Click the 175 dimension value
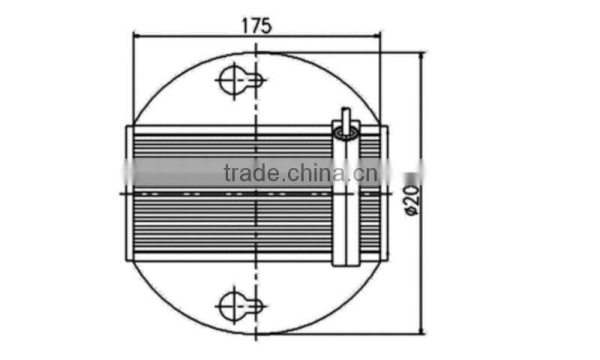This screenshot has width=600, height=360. pyautogui.click(x=256, y=24)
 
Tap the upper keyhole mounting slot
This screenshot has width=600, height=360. pyautogui.click(x=239, y=79)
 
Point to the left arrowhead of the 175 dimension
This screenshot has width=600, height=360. pyautogui.click(x=137, y=34)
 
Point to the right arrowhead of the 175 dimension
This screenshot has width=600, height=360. pyautogui.click(x=376, y=34)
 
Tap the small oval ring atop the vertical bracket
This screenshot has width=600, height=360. pyautogui.click(x=346, y=133)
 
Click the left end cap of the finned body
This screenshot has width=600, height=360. pyautogui.click(x=130, y=193)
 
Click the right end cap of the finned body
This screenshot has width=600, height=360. pyautogui.click(x=385, y=193)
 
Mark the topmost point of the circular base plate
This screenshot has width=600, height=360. pyautogui.click(x=257, y=52)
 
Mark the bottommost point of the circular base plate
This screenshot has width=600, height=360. pyautogui.click(x=257, y=334)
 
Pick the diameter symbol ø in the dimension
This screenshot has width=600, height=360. pyautogui.click(x=412, y=213)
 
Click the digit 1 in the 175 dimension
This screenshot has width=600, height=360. pyautogui.click(x=245, y=24)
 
